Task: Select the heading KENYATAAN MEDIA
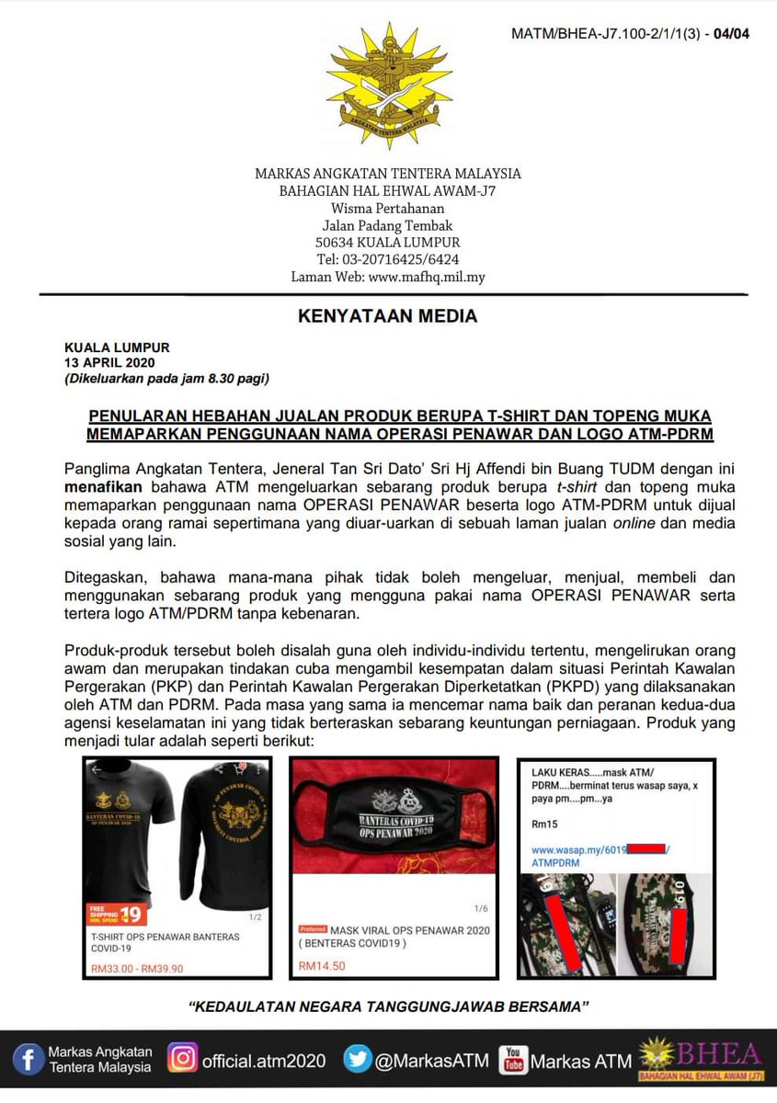tap(387, 316)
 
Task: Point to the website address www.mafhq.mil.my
tap(427, 276)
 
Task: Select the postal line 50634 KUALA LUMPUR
tap(387, 243)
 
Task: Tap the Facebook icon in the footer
tap(29, 1060)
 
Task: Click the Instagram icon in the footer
tap(183, 1060)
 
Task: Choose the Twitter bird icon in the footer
tap(358, 1060)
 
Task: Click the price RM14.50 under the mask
tap(322, 966)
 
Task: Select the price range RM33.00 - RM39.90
tap(136, 967)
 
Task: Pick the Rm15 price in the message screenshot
tap(543, 825)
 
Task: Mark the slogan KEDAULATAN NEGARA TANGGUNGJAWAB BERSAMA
tap(387, 1006)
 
